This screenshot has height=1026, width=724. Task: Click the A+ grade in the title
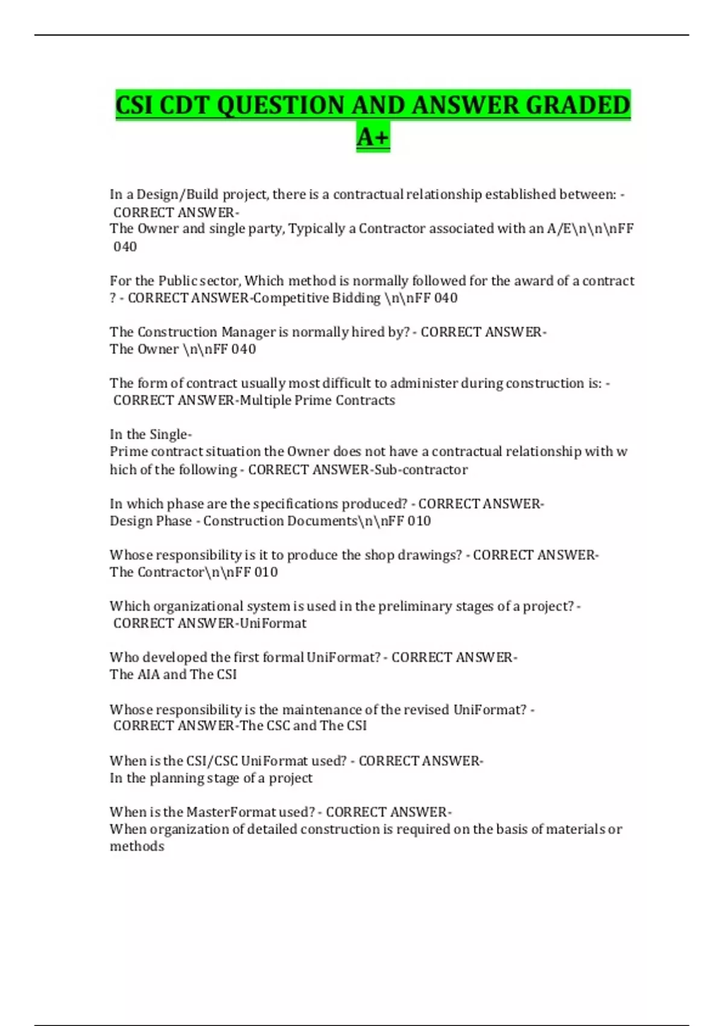[x=373, y=137]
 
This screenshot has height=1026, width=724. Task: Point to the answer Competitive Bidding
[x=317, y=298]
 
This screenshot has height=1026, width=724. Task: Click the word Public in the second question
[x=177, y=281]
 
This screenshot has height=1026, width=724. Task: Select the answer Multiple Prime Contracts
[x=317, y=401]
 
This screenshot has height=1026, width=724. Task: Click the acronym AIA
[x=148, y=675]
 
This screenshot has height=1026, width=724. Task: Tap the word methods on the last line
[x=137, y=847]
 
